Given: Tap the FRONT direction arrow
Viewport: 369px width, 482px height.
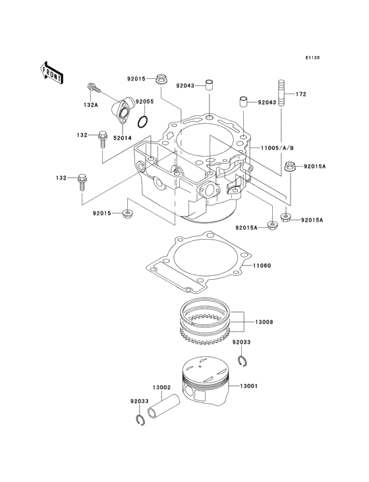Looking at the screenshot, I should [x=52, y=72].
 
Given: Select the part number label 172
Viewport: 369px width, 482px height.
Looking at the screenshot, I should [x=300, y=94].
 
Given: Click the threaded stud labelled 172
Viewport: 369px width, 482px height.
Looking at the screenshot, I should [x=281, y=93].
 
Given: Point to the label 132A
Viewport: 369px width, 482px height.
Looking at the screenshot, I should [x=90, y=104].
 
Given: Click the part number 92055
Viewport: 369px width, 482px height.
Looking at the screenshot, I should [x=144, y=101].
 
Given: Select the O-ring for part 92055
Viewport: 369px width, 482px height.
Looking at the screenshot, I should [x=142, y=121].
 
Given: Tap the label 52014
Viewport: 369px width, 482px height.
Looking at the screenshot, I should [x=123, y=138].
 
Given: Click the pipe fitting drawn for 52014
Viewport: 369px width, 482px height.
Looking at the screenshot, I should [x=122, y=109].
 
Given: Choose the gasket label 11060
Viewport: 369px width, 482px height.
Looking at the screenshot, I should [x=263, y=265].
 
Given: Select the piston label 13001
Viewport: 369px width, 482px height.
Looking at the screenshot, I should [x=267, y=386].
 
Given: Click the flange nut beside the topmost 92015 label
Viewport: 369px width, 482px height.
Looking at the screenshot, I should [x=161, y=80].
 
